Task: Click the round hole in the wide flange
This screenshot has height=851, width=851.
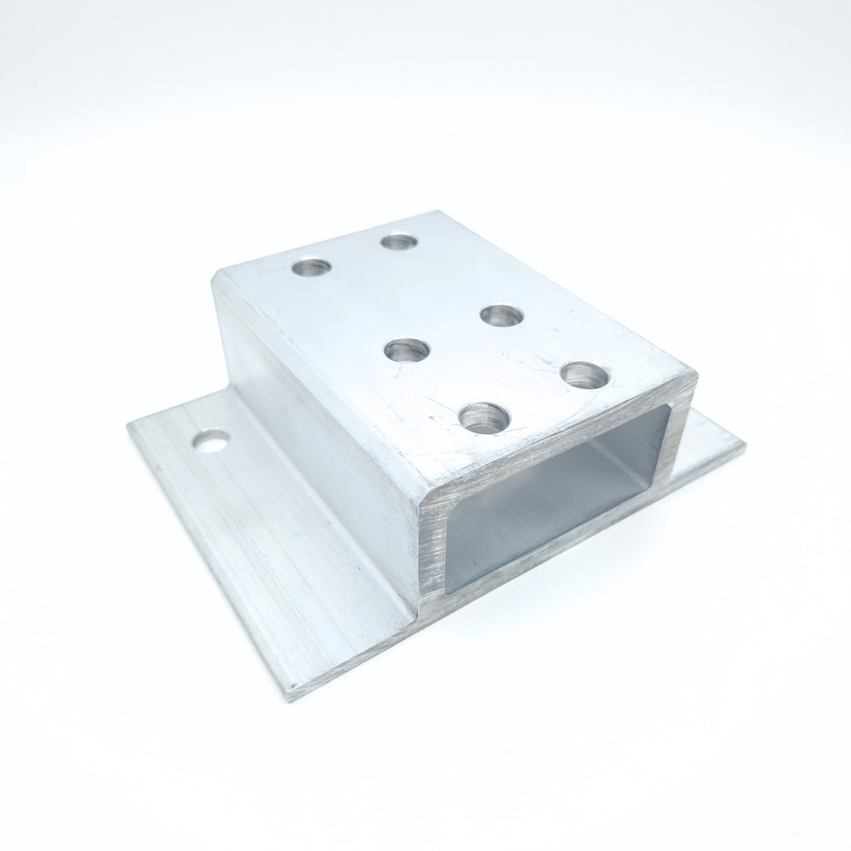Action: [210, 443]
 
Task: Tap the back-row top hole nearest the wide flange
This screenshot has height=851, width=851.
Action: [312, 268]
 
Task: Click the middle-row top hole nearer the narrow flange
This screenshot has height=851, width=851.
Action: [500, 316]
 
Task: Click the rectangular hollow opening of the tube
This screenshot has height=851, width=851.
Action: [553, 502]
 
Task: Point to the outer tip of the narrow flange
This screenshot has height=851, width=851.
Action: [744, 445]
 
